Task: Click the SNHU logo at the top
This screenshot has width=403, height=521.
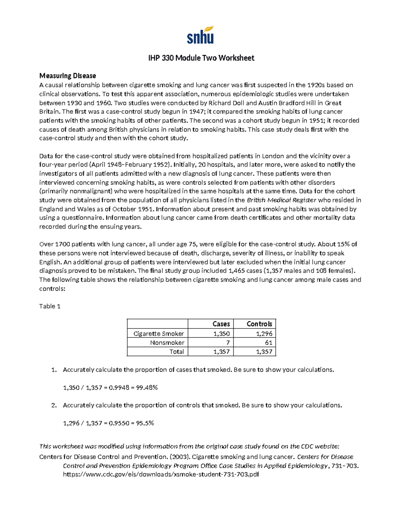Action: pyautogui.click(x=200, y=35)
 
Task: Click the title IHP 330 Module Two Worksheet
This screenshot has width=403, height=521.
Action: pyautogui.click(x=201, y=58)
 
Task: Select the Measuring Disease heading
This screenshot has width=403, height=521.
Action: pyautogui.click(x=68, y=76)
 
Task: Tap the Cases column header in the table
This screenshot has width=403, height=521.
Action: pyautogui.click(x=221, y=324)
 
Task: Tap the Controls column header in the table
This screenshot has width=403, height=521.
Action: pyautogui.click(x=259, y=324)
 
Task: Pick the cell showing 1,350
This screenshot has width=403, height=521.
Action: pyautogui.click(x=221, y=333)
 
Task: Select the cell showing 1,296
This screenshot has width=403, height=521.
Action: pyautogui.click(x=264, y=333)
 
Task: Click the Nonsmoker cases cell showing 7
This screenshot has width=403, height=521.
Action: pyautogui.click(x=228, y=343)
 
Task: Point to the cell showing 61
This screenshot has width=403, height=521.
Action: pyautogui.click(x=268, y=343)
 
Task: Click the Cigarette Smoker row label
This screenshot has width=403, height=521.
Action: pyautogui.click(x=159, y=333)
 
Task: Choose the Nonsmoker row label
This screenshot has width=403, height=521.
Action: pyautogui.click(x=167, y=343)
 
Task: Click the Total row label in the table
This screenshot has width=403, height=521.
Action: pyautogui.click(x=176, y=352)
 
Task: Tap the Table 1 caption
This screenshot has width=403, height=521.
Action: pyautogui.click(x=50, y=306)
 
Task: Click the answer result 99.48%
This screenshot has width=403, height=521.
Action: pyautogui.click(x=146, y=387)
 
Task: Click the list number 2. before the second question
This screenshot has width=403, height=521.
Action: pyautogui.click(x=54, y=405)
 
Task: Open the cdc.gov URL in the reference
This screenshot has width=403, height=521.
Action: pyautogui.click(x=161, y=474)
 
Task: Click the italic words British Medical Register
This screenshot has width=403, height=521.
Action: pyautogui.click(x=281, y=200)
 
